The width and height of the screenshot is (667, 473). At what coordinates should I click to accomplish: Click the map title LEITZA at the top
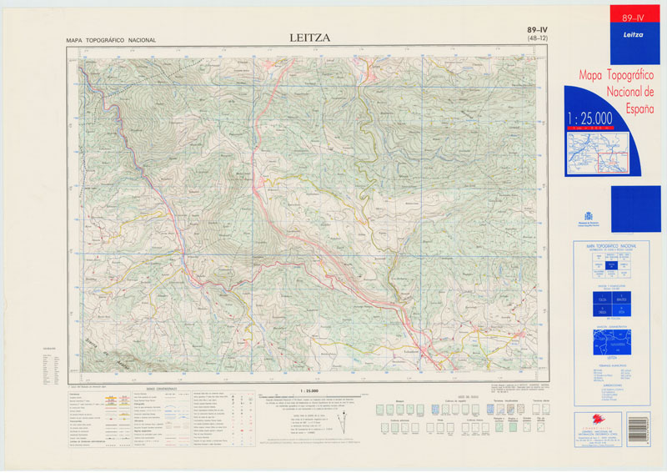[309, 38]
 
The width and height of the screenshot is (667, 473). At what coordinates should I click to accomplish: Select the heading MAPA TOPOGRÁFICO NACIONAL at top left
[111, 40]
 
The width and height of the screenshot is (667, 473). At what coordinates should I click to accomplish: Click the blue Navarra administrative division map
[610, 340]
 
